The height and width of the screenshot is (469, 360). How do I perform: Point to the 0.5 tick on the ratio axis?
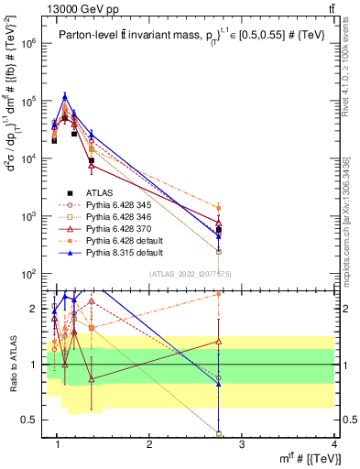[x=35, y=420]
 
